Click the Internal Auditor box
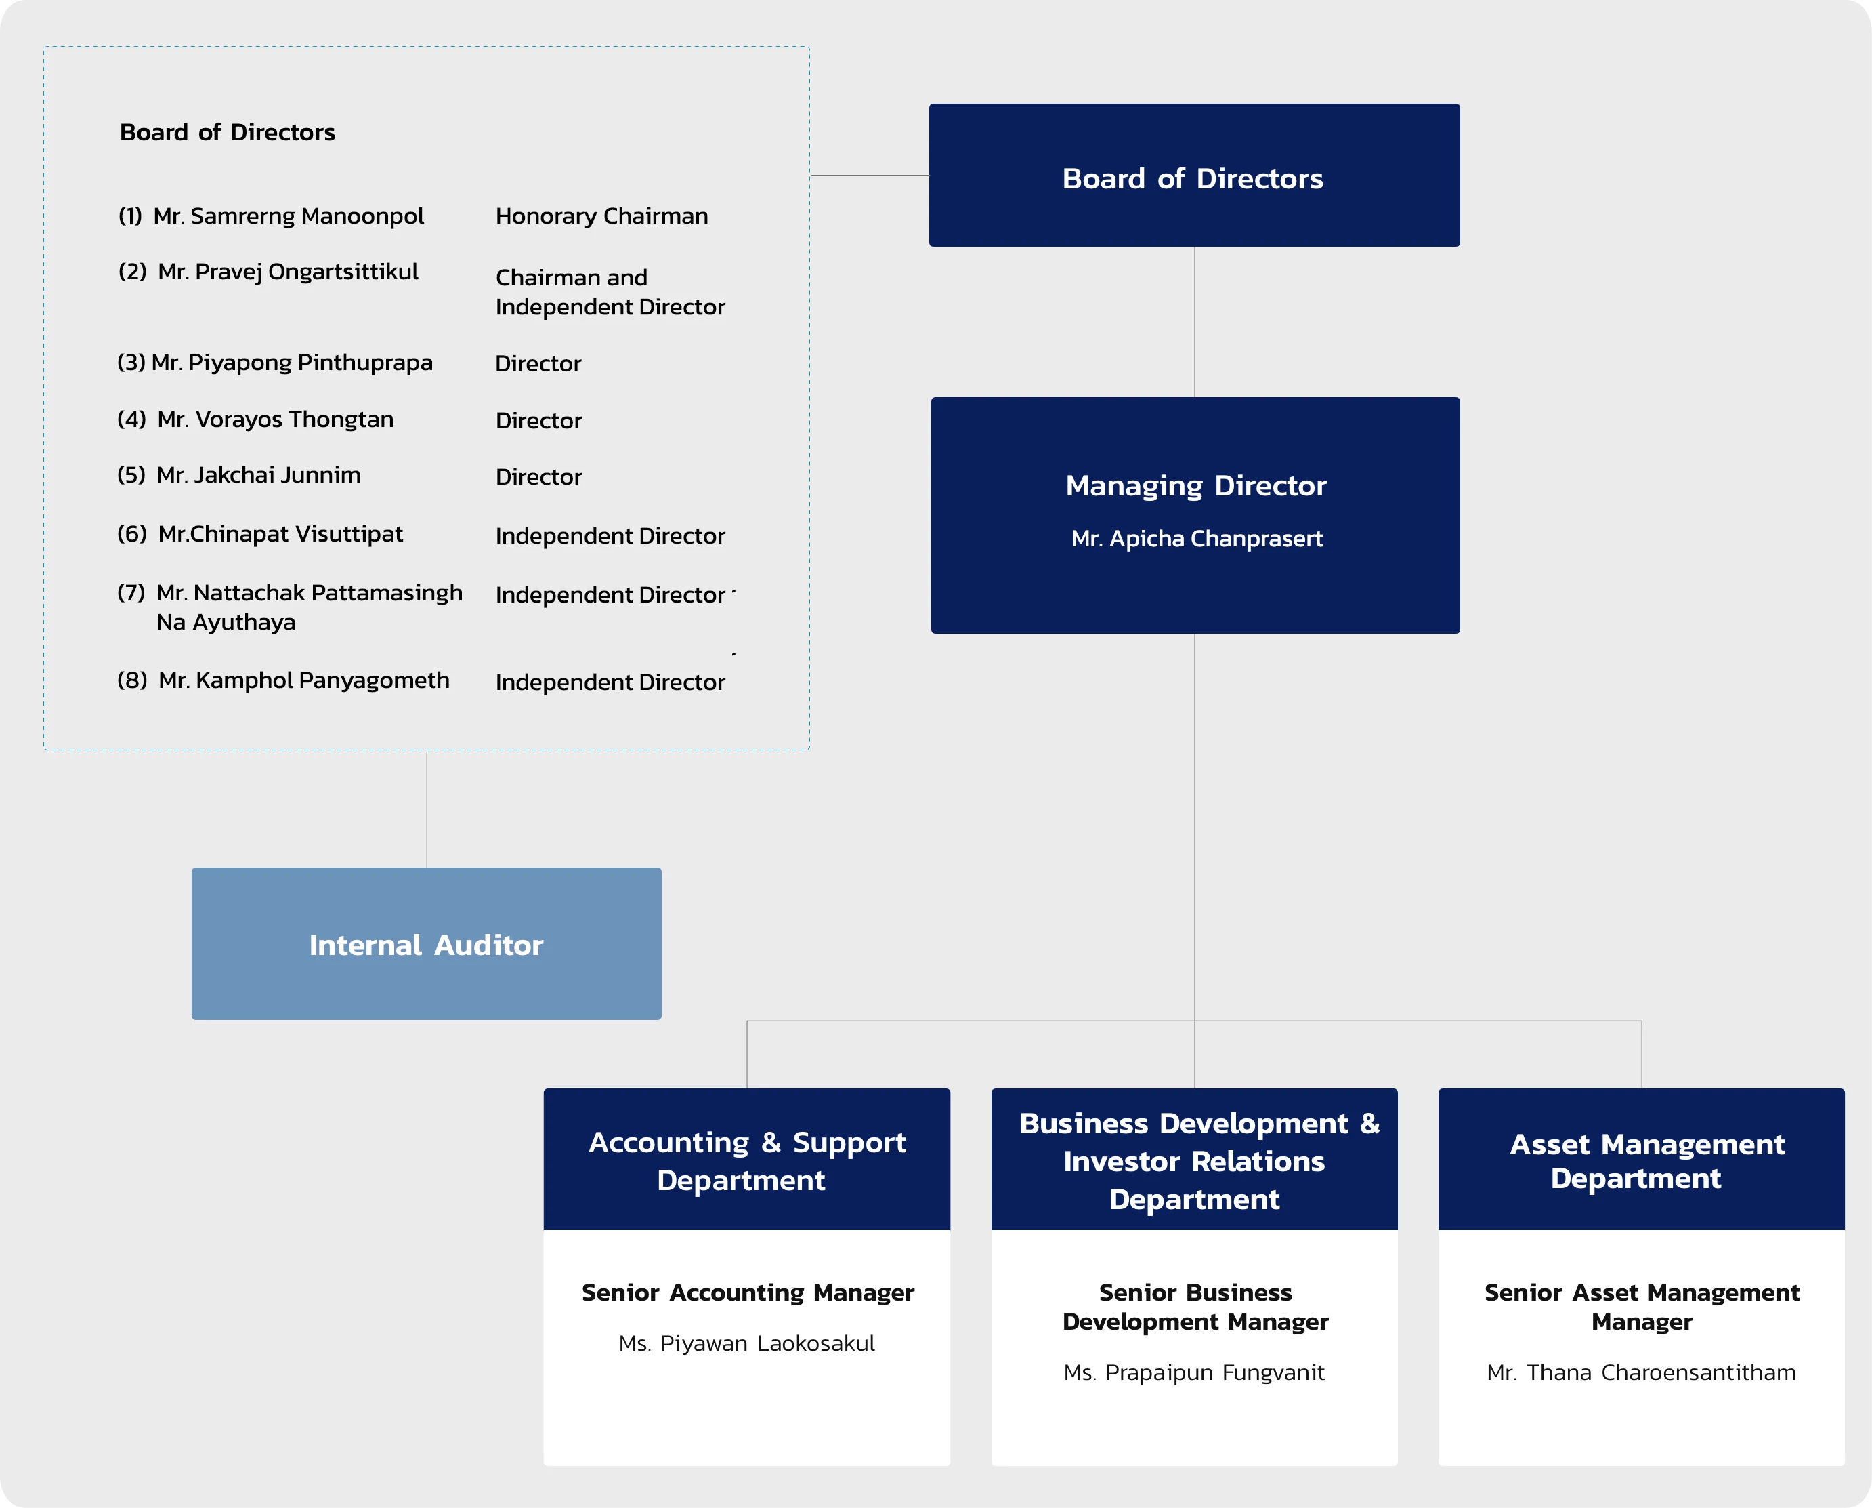pyautogui.click(x=426, y=944)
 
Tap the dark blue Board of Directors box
pyautogui.click(x=1194, y=176)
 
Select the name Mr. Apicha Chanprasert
pyautogui.click(x=1197, y=539)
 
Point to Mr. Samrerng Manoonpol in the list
pyautogui.click(x=289, y=216)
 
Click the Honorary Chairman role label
pyautogui.click(x=601, y=216)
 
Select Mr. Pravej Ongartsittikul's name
pyautogui.click(x=287, y=272)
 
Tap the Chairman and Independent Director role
pyautogui.click(x=609, y=292)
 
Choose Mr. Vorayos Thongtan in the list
pyautogui.click(x=274, y=420)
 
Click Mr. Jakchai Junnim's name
pyautogui.click(x=258, y=475)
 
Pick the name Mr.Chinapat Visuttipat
pyautogui.click(x=280, y=534)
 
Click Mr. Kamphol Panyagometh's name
pyautogui.click(x=303, y=680)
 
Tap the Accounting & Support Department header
pyautogui.click(x=747, y=1160)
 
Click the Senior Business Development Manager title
pyautogui.click(x=1195, y=1307)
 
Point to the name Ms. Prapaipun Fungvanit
pyautogui.click(x=1194, y=1372)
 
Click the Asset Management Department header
pyautogui.click(x=1641, y=1160)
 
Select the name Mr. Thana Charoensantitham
pyautogui.click(x=1641, y=1372)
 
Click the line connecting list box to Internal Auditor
pyautogui.click(x=426, y=809)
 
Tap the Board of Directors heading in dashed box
pyautogui.click(x=228, y=133)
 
